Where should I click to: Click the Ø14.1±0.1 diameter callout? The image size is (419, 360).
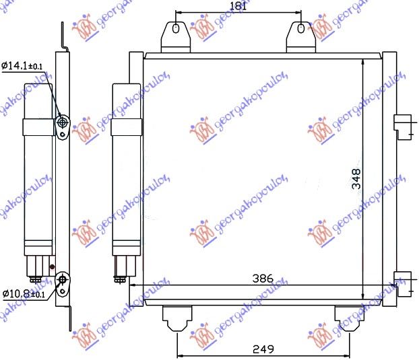(x=22, y=65)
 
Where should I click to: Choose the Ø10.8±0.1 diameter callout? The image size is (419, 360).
(x=22, y=294)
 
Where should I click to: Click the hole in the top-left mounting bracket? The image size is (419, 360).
(x=175, y=29)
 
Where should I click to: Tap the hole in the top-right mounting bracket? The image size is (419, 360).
(x=299, y=29)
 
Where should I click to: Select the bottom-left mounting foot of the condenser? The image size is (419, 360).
(x=177, y=318)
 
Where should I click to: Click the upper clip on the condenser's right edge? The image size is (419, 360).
(x=402, y=124)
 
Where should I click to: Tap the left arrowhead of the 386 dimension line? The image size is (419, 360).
(x=131, y=285)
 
